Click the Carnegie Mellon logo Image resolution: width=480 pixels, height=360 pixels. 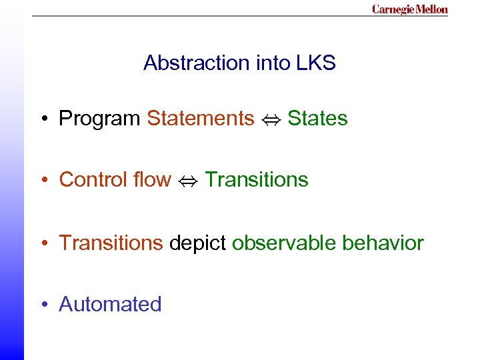[409, 9]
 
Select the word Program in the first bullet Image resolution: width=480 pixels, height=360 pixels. [99, 119]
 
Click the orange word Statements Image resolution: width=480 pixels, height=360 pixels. [200, 119]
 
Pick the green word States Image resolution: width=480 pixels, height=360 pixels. [317, 119]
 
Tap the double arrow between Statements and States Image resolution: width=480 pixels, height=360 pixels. [271, 119]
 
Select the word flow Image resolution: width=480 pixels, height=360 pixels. [153, 180]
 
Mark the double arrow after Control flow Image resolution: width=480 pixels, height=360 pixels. [189, 181]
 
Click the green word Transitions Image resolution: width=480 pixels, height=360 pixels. [257, 180]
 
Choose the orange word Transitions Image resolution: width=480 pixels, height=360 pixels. [111, 243]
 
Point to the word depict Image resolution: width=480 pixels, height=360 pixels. [197, 243]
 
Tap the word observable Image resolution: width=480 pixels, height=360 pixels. [284, 243]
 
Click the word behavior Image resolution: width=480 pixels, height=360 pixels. [383, 243]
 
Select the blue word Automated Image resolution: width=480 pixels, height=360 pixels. [110, 304]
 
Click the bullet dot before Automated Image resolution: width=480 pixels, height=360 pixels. [43, 305]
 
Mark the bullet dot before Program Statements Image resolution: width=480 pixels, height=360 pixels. [43, 119]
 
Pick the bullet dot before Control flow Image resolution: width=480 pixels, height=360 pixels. [43, 181]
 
